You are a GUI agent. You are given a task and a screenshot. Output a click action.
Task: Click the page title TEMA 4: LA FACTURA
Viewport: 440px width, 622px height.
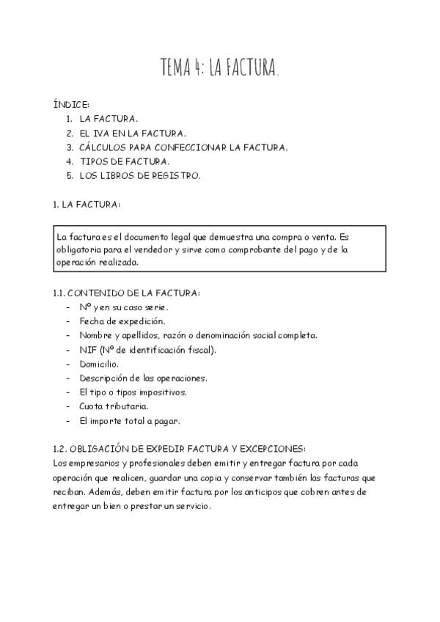click(x=220, y=69)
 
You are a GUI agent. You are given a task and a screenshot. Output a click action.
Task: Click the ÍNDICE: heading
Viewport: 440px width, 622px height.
click(x=71, y=104)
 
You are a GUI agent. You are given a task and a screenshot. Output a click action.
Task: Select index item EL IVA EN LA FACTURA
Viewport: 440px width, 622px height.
click(x=133, y=133)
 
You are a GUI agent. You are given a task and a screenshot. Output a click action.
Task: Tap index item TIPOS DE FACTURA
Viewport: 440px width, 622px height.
click(x=125, y=161)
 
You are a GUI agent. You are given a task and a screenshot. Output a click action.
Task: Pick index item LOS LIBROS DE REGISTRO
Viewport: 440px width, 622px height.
click(x=139, y=176)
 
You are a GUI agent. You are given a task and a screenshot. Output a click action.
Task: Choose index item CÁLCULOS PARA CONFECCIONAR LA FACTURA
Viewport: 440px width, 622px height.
click(x=183, y=147)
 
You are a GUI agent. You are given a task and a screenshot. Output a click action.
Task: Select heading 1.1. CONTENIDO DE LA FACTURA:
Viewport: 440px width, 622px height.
click(x=126, y=293)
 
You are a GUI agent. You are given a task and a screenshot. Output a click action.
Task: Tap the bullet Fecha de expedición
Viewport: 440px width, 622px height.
click(x=122, y=321)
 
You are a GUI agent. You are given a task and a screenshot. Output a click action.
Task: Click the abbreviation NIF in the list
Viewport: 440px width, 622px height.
click(x=88, y=350)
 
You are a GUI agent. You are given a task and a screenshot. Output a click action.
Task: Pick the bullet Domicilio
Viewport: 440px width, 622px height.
click(x=99, y=364)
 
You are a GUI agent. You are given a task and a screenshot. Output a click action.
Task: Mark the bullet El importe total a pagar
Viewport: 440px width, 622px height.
click(x=129, y=421)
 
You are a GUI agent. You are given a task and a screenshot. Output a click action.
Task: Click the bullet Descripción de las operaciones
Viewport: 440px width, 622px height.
click(x=143, y=378)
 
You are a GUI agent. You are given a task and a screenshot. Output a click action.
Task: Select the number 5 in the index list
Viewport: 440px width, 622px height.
click(x=68, y=176)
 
